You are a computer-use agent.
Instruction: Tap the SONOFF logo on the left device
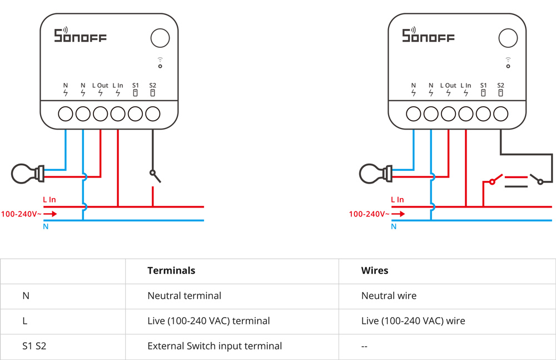[80, 35]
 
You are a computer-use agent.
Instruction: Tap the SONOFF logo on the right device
[428, 35]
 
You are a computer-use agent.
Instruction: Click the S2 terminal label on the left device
[152, 85]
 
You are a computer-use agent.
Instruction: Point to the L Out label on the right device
[448, 85]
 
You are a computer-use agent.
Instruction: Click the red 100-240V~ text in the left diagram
[21, 214]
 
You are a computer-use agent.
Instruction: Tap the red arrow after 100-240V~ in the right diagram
[398, 214]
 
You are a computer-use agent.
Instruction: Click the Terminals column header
[171, 270]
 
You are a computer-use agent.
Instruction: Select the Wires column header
[374, 270]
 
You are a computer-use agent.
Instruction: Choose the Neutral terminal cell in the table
[184, 296]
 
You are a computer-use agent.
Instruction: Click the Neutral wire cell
[389, 296]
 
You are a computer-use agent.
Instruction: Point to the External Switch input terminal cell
[215, 346]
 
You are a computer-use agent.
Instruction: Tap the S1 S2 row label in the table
[34, 346]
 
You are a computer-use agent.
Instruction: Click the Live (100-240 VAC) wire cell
[413, 321]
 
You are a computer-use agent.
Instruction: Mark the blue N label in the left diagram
[46, 226]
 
